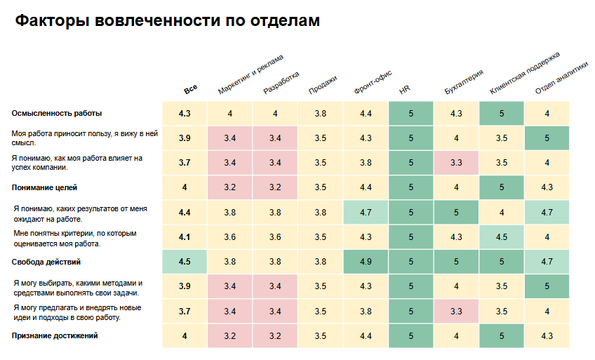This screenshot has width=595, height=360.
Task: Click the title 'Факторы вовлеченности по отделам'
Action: (x=168, y=21)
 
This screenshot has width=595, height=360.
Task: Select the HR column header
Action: (x=405, y=91)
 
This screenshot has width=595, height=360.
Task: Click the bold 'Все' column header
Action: (x=190, y=89)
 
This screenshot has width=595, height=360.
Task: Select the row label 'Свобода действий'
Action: (x=46, y=262)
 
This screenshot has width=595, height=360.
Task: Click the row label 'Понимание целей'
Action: (x=44, y=187)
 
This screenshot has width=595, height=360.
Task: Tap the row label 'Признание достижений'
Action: (x=54, y=336)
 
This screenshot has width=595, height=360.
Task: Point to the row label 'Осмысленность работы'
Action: (x=57, y=113)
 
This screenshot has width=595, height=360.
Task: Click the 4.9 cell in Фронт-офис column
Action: (x=366, y=262)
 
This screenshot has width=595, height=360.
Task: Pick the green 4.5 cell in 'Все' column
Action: (x=185, y=262)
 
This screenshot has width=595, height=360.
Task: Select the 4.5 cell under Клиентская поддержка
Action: (x=502, y=237)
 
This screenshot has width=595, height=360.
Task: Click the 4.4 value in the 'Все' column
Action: (x=185, y=213)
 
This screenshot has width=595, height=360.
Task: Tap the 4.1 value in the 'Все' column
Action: (x=185, y=237)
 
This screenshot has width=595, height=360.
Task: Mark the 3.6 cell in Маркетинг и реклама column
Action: (x=229, y=237)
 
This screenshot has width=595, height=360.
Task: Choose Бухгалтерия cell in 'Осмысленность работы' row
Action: (x=456, y=114)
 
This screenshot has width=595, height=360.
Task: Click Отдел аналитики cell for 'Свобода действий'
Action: (x=547, y=262)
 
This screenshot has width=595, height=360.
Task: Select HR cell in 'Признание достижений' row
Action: (x=410, y=337)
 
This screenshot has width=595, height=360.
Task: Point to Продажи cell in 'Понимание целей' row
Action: (x=320, y=188)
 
